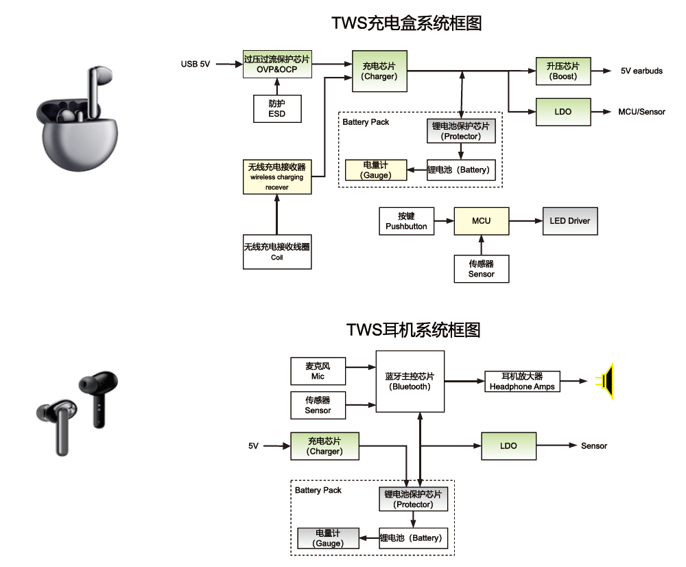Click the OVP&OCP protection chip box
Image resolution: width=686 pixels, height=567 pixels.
click(x=277, y=64)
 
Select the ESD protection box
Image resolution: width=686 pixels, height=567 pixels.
click(x=277, y=108)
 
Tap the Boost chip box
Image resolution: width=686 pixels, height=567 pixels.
click(x=563, y=71)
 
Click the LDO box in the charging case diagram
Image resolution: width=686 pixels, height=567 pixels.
click(x=563, y=112)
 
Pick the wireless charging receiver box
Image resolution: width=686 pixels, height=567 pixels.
click(x=277, y=177)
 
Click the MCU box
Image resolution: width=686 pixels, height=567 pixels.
click(x=482, y=221)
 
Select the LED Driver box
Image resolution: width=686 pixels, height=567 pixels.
click(x=569, y=221)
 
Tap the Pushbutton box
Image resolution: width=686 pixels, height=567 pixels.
click(x=406, y=221)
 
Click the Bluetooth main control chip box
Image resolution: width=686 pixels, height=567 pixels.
click(x=410, y=382)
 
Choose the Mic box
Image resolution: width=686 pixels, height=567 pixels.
click(x=318, y=371)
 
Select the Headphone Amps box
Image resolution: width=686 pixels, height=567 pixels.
click(x=522, y=382)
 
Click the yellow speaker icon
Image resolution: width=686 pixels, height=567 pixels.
click(x=606, y=381)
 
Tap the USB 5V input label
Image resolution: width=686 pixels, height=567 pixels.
click(x=196, y=64)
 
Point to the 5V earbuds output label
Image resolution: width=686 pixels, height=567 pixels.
click(x=641, y=71)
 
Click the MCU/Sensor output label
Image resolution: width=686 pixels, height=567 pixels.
click(x=641, y=112)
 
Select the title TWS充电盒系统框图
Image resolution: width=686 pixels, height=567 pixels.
click(x=407, y=23)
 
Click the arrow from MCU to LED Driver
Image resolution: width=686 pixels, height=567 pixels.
click(x=525, y=221)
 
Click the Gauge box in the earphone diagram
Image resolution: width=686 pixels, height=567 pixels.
click(x=329, y=538)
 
